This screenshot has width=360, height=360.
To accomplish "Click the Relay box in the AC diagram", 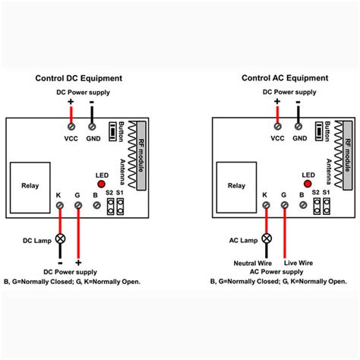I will (x=237, y=186).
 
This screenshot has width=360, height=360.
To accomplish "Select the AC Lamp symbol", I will (x=266, y=238).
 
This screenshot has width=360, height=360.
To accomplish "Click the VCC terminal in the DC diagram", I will (x=71, y=127).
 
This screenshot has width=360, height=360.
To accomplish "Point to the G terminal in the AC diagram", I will (x=284, y=204).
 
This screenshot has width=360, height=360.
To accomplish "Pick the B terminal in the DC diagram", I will (x=95, y=204).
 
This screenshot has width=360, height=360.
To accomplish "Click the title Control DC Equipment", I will (x=78, y=78).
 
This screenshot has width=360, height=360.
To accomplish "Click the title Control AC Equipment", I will (x=285, y=78).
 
